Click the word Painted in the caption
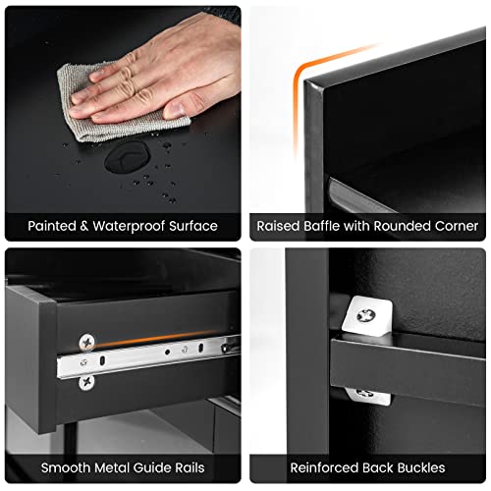tap(52, 226)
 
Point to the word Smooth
tap(67, 467)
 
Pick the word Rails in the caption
tap(190, 467)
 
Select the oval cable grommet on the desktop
tap(128, 157)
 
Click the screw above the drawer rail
tap(87, 343)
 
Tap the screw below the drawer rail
tap(86, 382)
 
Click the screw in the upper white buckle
tap(366, 315)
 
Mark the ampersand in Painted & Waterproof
tap(84, 226)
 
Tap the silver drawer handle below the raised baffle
tap(360, 195)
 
